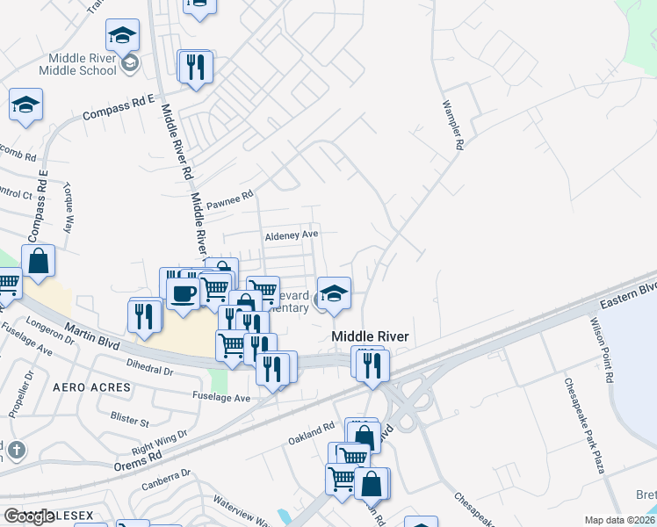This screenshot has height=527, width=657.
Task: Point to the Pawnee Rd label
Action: (x=229, y=200)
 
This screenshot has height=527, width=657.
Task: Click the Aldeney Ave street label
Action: (x=291, y=235)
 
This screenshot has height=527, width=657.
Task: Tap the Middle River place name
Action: (x=371, y=336)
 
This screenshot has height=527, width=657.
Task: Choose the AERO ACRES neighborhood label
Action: (x=91, y=386)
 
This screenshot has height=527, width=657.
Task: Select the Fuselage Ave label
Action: (x=221, y=397)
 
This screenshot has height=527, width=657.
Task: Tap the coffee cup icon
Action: (x=184, y=292)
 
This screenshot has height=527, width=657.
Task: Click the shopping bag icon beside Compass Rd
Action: (x=39, y=261)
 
